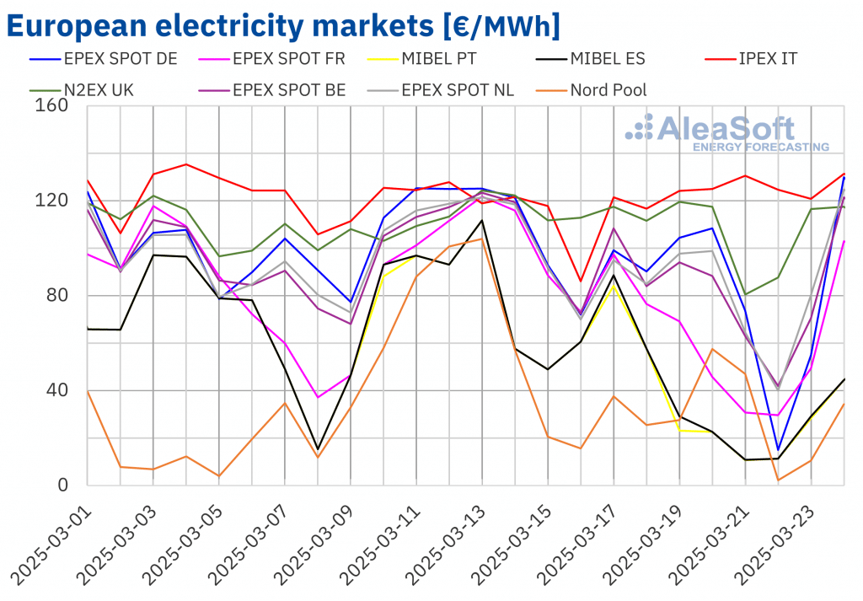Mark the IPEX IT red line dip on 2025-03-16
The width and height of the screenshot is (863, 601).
tap(581, 282)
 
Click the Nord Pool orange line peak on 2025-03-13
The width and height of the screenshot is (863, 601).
tap(482, 239)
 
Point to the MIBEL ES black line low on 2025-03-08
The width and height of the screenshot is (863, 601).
tap(318, 449)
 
